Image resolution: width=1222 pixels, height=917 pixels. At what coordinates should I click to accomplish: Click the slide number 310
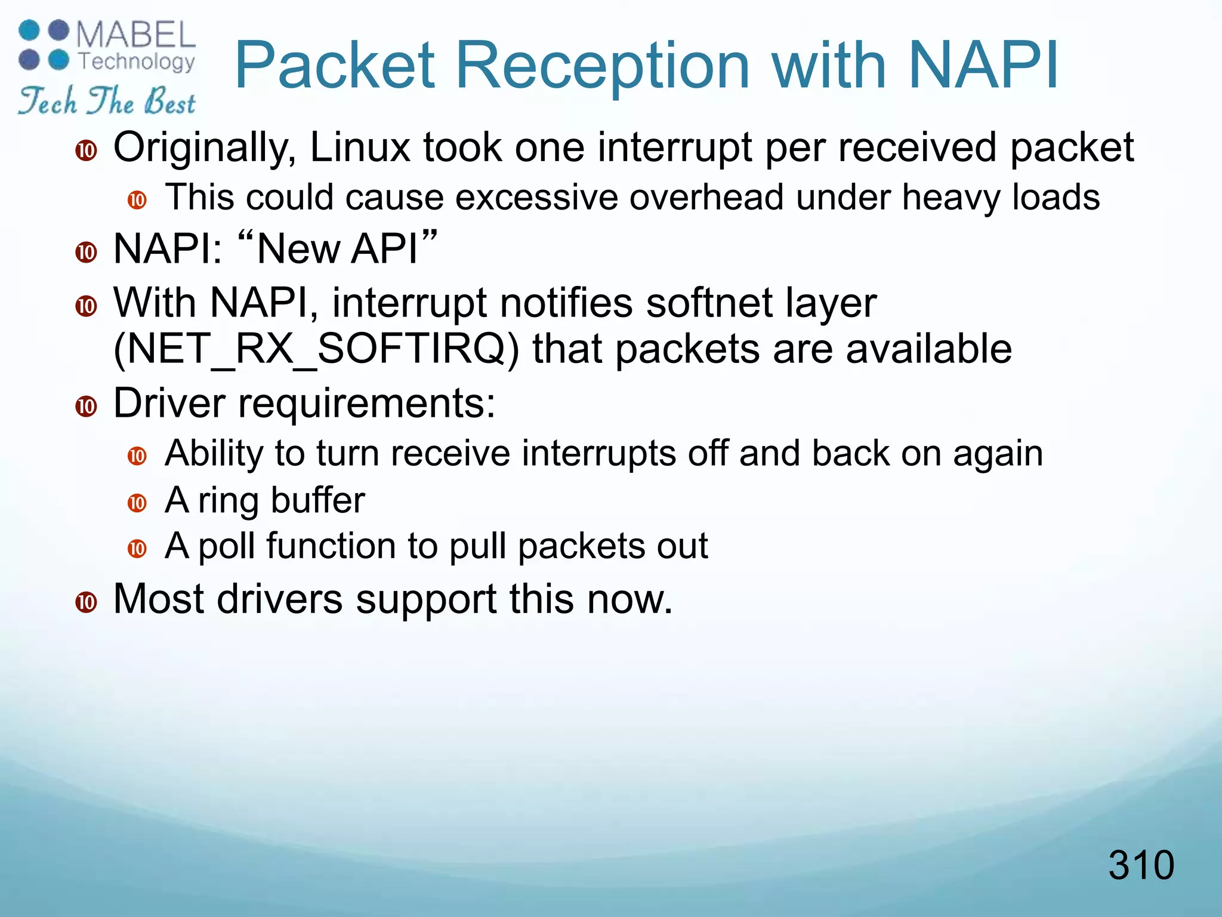tap(1141, 865)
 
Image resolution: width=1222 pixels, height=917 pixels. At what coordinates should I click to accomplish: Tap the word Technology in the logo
tap(137, 61)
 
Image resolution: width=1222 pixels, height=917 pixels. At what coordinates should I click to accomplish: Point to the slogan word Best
tap(169, 101)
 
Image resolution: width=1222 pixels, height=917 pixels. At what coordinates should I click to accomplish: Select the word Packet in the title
tap(335, 66)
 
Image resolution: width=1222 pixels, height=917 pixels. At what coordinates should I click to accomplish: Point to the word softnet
tap(709, 303)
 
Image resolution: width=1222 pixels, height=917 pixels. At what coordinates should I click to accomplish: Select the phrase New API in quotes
tap(337, 248)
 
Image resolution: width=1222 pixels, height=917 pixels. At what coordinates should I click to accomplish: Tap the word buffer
tap(317, 500)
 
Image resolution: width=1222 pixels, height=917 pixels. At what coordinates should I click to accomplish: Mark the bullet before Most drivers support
tap(87, 602)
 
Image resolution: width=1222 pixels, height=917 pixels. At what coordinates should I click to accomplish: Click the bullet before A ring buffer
tap(137, 503)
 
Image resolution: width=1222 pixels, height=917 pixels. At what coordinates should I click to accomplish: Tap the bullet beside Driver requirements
tap(87, 407)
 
